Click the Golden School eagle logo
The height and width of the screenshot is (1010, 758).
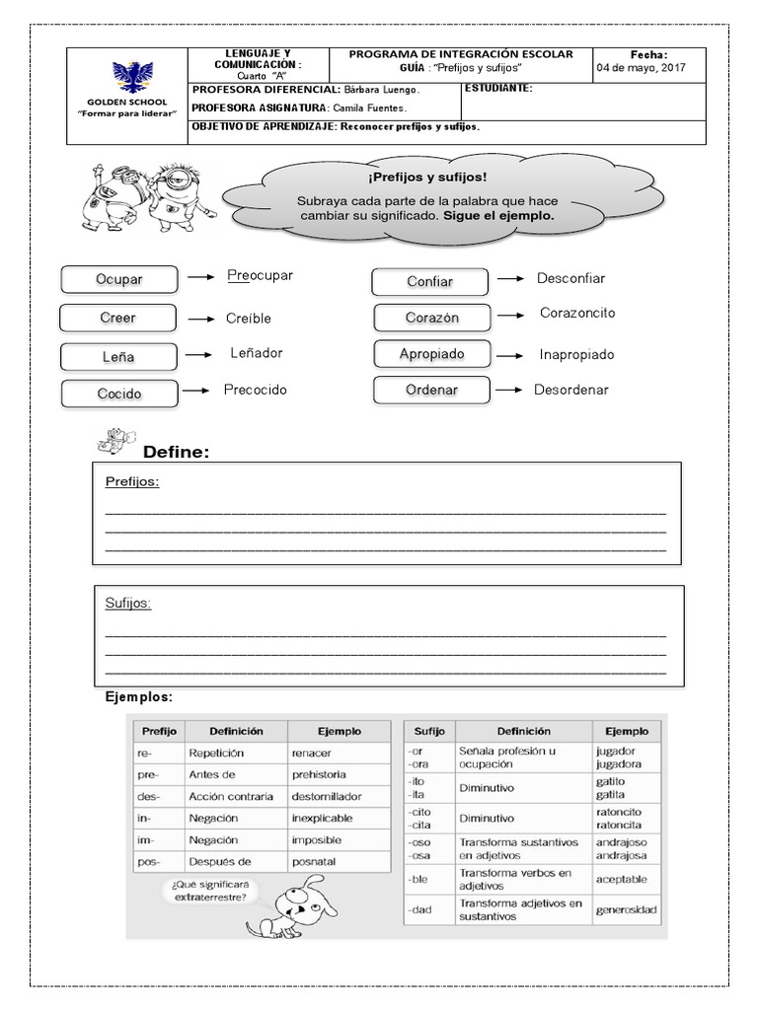click(x=125, y=79)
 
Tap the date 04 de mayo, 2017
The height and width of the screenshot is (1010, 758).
click(x=641, y=69)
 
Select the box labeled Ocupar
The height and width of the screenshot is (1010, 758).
click(x=118, y=279)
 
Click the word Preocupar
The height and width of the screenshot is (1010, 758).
click(x=260, y=275)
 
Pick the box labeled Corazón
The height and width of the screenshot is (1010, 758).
click(x=432, y=318)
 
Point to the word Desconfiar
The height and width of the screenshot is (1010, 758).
click(x=570, y=278)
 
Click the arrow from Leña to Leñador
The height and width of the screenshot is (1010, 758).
click(x=200, y=354)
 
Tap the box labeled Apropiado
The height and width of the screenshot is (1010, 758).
click(x=432, y=353)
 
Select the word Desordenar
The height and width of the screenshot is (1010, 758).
click(x=571, y=390)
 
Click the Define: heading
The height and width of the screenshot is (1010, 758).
click(x=177, y=453)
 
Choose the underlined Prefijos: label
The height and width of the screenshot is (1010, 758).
click(x=132, y=481)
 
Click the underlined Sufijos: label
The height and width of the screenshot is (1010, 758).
click(x=128, y=603)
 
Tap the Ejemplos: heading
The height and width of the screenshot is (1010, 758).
click(x=139, y=697)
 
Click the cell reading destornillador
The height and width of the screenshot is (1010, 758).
click(x=327, y=796)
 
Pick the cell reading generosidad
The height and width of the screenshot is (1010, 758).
click(x=627, y=909)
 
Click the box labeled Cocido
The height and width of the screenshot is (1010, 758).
click(x=118, y=394)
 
